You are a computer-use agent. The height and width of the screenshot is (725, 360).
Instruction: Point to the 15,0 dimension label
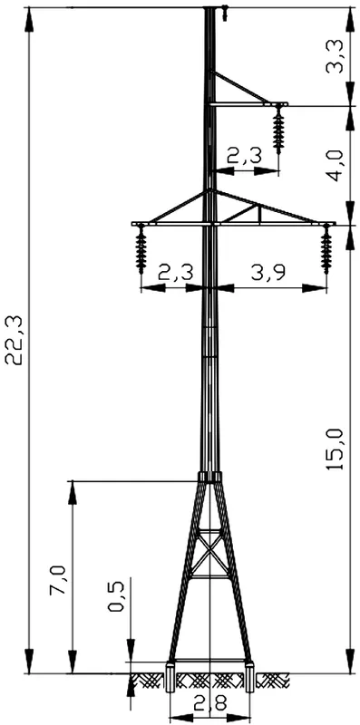tap(335, 449)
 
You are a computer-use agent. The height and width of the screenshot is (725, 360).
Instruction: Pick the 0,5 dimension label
tap(116, 596)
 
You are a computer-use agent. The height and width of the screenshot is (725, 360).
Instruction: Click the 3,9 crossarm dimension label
tap(268, 273)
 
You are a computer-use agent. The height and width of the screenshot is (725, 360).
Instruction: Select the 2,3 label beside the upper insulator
tap(244, 156)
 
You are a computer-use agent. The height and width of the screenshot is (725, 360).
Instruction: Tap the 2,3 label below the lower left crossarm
tap(175, 273)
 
